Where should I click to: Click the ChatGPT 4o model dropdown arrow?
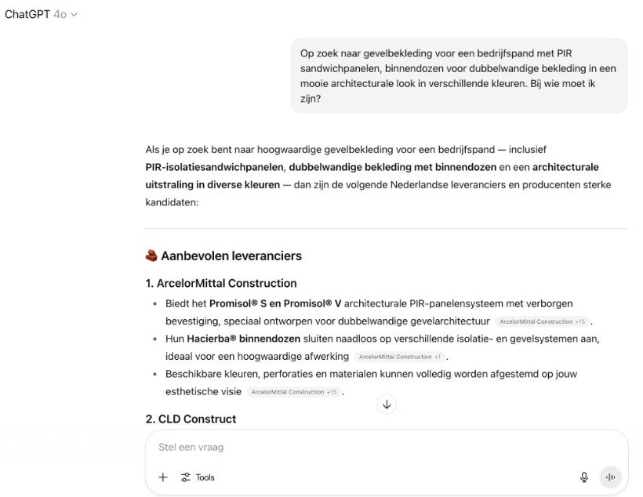(74, 15)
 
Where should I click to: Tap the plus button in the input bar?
(163, 477)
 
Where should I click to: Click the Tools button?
(198, 477)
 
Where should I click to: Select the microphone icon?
(584, 477)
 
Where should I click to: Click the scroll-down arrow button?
(387, 404)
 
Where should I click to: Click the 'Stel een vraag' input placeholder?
(191, 447)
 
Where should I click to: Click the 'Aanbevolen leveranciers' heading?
(231, 256)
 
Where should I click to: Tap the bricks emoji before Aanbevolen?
(151, 256)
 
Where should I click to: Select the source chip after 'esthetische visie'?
(293, 392)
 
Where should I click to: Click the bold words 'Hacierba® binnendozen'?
(244, 339)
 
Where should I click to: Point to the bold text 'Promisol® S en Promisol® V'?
(275, 303)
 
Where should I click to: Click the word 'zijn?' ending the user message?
(311, 99)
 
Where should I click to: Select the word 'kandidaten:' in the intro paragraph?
(172, 202)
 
